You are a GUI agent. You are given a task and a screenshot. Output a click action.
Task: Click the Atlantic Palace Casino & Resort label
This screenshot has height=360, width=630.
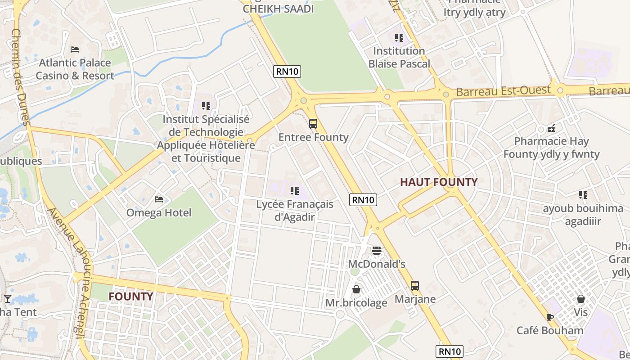coord(75,69)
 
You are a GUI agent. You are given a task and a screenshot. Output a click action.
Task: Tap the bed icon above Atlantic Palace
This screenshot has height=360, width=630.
coord(75,49)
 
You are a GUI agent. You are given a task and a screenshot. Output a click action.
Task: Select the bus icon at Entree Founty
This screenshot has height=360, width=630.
coord(313,123)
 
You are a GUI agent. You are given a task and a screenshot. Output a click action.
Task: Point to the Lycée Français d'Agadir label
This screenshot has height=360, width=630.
coord(295,210)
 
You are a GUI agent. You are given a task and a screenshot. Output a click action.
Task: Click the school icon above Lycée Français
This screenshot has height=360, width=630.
coord(295,191)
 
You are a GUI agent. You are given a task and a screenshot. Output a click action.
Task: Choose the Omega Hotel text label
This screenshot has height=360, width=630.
coord(159,212)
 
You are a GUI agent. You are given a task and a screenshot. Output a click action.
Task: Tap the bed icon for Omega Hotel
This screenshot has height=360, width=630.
coord(159,199)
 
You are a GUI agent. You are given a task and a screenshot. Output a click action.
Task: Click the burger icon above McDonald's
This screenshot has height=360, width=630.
coord(377,250)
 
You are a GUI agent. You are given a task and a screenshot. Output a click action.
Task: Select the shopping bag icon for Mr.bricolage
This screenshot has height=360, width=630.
coord(356,289)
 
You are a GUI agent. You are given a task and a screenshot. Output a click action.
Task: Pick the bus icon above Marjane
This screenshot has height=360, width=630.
coord(414,285)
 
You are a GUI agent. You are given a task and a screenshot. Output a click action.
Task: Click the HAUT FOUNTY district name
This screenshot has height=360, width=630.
coord(439,182)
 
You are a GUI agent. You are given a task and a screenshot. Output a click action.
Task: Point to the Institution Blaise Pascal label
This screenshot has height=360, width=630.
coord(399,57)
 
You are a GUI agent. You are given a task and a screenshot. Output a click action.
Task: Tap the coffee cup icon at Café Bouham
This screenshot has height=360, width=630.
coord(549,317)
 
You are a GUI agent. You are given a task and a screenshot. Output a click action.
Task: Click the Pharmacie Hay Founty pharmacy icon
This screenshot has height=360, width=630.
coord(551,128)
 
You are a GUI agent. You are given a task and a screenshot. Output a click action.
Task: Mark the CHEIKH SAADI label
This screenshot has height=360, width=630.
coord(278,9)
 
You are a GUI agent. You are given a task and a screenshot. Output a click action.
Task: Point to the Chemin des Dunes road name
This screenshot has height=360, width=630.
coord(20,76)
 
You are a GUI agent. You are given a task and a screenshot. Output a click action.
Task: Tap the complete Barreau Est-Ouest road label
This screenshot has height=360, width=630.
coord(503,91)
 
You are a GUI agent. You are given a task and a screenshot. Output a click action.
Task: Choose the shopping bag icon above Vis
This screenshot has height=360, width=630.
coord(581,299)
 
